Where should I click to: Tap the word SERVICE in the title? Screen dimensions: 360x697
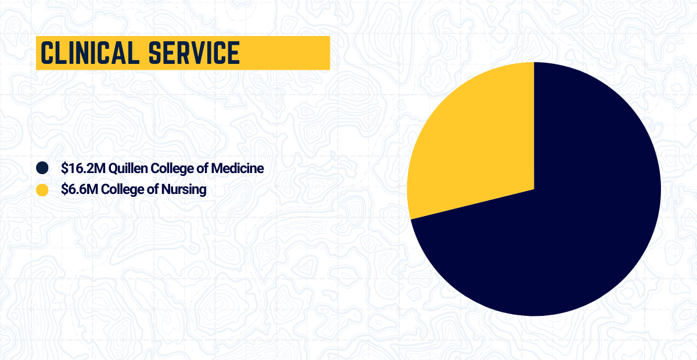tap(194, 53)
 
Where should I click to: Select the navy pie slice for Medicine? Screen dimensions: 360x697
tap(558, 221)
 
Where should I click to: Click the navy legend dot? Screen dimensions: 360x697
tap(42, 168)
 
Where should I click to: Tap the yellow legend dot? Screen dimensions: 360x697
tap(42, 190)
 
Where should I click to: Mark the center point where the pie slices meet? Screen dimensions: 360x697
tap(534, 189)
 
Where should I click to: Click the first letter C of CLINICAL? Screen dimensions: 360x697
tap(46, 53)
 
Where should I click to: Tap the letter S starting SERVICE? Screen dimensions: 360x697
tap(155, 53)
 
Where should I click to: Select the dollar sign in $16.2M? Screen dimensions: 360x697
tap(64, 168)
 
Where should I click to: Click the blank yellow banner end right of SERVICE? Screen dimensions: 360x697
tap(285, 53)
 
